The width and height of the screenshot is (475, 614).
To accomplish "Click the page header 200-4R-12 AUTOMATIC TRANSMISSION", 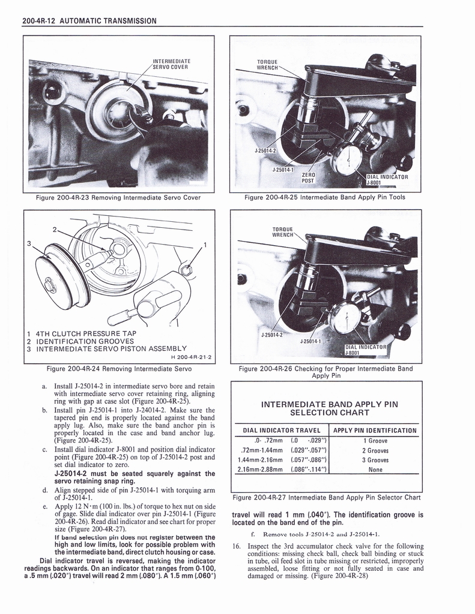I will pyautogui.click(x=89, y=21).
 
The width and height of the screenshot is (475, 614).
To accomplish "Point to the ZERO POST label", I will pyautogui.click(x=307, y=177).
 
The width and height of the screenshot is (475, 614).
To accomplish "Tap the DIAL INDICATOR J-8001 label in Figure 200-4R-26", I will pyautogui.click(x=367, y=350).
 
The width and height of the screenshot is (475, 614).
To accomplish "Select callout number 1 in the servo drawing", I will pyautogui.click(x=205, y=244).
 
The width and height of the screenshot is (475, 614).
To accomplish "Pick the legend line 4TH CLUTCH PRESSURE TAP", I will pyautogui.click(x=85, y=333).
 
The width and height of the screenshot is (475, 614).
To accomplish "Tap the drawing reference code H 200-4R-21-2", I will pyautogui.click(x=187, y=357).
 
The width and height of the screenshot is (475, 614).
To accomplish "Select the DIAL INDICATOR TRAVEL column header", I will pyautogui.click(x=282, y=431).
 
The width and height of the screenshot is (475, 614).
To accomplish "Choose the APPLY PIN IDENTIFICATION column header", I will pyautogui.click(x=375, y=431).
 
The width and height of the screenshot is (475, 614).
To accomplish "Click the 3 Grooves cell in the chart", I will pyautogui.click(x=375, y=460).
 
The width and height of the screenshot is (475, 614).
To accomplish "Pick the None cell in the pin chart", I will pyautogui.click(x=375, y=469).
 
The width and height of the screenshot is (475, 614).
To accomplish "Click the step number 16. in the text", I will pyautogui.click(x=236, y=546).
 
